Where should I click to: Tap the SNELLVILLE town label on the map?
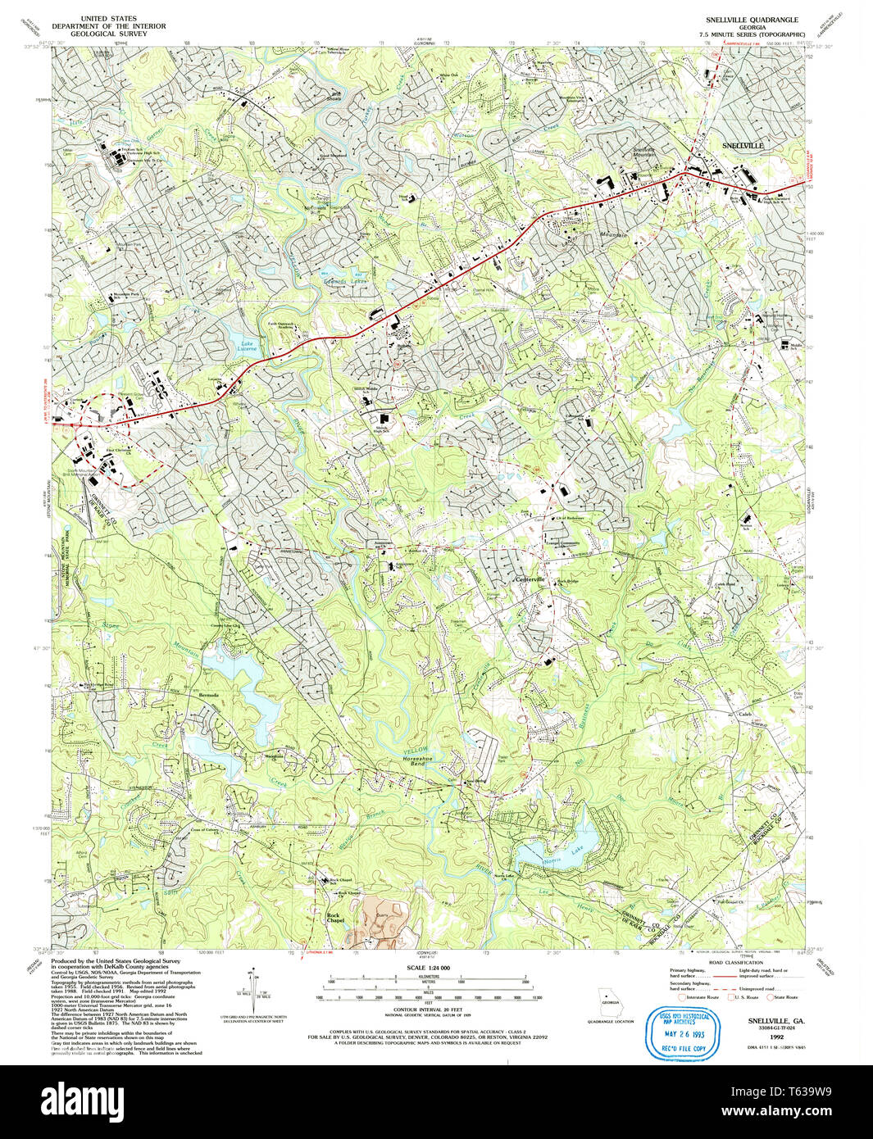[742, 145]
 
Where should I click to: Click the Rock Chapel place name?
[333, 917]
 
